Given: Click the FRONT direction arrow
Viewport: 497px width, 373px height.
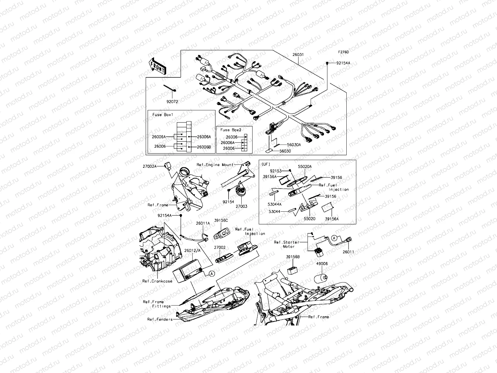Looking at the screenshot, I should (x=158, y=67).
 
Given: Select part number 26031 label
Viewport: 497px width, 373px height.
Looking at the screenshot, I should (x=298, y=55).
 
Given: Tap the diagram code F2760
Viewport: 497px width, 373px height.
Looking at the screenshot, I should (x=344, y=53).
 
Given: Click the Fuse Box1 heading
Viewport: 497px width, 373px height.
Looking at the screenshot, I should (x=163, y=115).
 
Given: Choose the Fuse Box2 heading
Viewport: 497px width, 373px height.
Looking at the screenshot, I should (x=231, y=130).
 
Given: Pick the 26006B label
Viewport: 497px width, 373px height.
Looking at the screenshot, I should (x=204, y=147).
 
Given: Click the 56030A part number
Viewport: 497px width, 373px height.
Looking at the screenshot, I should (x=294, y=145).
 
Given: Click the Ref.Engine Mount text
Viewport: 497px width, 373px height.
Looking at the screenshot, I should (x=215, y=165).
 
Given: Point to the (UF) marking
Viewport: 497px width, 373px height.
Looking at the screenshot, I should (x=266, y=164).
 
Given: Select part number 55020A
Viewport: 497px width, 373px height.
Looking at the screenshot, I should (x=305, y=167).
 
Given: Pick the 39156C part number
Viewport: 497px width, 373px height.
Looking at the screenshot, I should (x=221, y=220).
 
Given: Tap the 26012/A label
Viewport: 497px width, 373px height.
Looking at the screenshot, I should (x=192, y=250).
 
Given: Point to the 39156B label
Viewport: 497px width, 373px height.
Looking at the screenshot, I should (x=293, y=257).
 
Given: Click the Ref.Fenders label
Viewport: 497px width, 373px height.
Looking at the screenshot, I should (x=160, y=319).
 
